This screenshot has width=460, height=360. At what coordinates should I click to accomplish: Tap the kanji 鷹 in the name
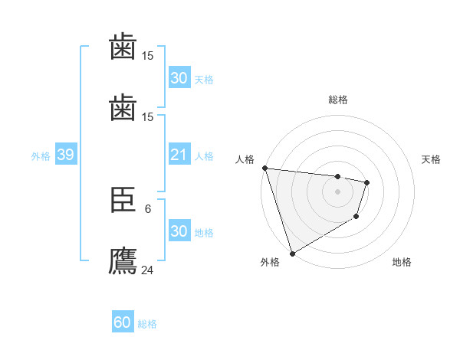[123, 261]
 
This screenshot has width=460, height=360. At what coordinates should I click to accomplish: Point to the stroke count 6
[148, 208]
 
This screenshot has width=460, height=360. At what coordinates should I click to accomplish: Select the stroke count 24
[148, 270]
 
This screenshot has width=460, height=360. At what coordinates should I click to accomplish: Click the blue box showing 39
[65, 155]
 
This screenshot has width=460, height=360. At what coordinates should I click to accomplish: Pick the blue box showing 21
[179, 155]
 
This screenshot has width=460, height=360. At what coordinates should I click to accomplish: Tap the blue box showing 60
[123, 323]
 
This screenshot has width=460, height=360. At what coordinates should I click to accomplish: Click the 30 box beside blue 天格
[179, 78]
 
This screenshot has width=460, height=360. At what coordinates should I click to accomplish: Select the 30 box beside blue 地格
[179, 231]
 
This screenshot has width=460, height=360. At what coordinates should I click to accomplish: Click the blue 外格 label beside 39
[41, 156]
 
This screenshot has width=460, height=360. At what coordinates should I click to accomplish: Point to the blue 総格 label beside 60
[147, 324]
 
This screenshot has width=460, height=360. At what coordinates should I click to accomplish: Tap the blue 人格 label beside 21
[204, 156]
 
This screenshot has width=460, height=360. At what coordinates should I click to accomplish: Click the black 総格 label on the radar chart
[338, 100]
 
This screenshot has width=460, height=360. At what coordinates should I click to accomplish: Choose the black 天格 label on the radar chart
[431, 159]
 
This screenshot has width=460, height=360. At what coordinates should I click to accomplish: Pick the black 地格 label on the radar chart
[402, 262]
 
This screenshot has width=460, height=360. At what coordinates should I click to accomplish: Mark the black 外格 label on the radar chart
[269, 262]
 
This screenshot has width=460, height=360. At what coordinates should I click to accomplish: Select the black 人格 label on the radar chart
[245, 159]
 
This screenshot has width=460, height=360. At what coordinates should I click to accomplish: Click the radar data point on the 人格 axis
[264, 168]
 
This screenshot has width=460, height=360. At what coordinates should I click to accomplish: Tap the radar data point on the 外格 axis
[292, 253]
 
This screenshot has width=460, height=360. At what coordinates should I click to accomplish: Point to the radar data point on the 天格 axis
[368, 182]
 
